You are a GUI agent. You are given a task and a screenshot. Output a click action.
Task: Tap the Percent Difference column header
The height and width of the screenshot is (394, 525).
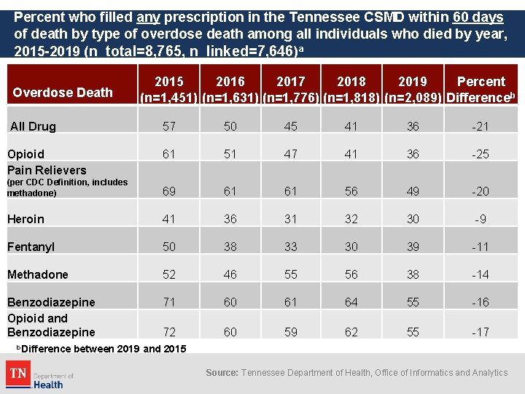pyautogui.click(x=481, y=90)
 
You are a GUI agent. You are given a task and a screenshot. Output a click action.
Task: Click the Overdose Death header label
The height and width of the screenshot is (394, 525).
pyautogui.click(x=63, y=93)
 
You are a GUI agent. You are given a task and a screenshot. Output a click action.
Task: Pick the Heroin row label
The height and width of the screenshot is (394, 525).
pyautogui.click(x=26, y=219)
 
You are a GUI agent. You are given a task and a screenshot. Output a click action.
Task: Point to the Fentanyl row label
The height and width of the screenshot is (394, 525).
pyautogui.click(x=31, y=247)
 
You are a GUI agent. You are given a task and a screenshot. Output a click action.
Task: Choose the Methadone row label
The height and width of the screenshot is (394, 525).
pyautogui.click(x=37, y=274)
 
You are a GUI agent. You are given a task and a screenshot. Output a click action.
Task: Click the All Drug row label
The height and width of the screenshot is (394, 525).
pyautogui.click(x=33, y=126)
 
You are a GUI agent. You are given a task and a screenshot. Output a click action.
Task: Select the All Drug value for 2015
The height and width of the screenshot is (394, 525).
pyautogui.click(x=169, y=126)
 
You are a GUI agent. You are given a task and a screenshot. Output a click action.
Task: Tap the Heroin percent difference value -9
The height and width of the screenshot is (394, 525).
pyautogui.click(x=481, y=219)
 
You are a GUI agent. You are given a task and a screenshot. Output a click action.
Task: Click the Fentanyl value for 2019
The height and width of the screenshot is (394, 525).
pyautogui.click(x=413, y=247)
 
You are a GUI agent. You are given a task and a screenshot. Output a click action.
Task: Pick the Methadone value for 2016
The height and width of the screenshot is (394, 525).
pyautogui.click(x=230, y=274)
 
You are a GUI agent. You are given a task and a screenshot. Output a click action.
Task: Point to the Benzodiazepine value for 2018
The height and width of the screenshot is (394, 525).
pyautogui.click(x=351, y=302)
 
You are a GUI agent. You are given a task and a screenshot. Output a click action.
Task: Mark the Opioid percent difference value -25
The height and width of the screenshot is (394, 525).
pyautogui.click(x=481, y=154)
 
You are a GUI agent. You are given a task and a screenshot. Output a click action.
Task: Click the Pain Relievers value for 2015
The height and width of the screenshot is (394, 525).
pyautogui.click(x=169, y=191)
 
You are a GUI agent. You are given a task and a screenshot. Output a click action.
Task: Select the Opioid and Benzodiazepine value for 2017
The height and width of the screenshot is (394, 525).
pyautogui.click(x=291, y=332)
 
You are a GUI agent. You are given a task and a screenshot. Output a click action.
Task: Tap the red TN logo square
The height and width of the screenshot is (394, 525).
pyautogui.click(x=18, y=376)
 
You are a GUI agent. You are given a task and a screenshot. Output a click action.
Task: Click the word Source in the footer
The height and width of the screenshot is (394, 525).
pyautogui.click(x=221, y=373)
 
